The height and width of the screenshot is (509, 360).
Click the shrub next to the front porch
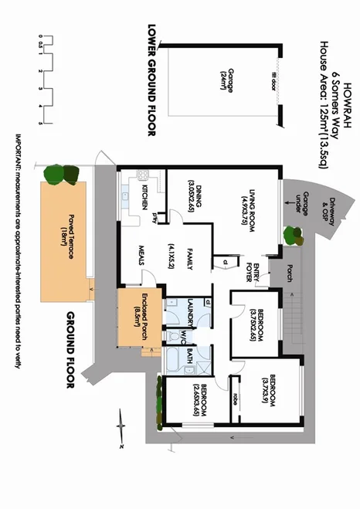(x=293, y=234)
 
